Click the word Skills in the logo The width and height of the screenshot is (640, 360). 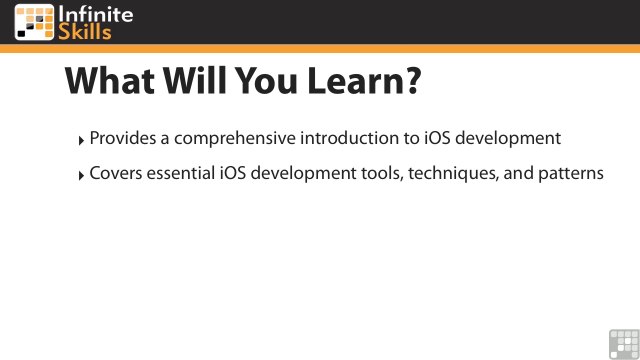click(x=88, y=32)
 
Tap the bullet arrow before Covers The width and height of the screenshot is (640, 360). click(x=82, y=175)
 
